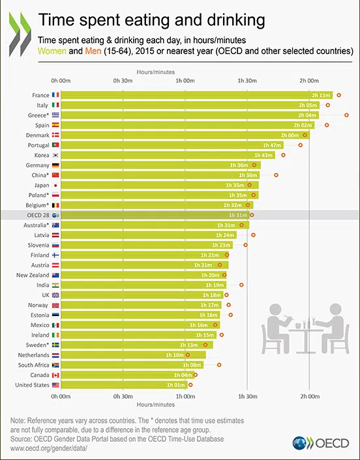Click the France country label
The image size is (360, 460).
pos(40,95)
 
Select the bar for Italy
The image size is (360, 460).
pos(189,105)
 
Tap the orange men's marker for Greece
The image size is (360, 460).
pos(346,115)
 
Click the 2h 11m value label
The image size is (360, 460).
pos(322,95)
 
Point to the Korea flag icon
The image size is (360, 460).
pos(56,155)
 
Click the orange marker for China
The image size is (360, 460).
pos(277,175)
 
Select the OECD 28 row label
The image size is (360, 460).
pos(38,215)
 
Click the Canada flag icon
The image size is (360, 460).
pos(56,375)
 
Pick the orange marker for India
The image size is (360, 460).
pos(242,285)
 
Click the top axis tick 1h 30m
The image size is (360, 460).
pos(247,80)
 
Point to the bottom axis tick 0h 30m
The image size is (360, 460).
pos(123,395)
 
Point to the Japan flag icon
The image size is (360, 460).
pos(56,185)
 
